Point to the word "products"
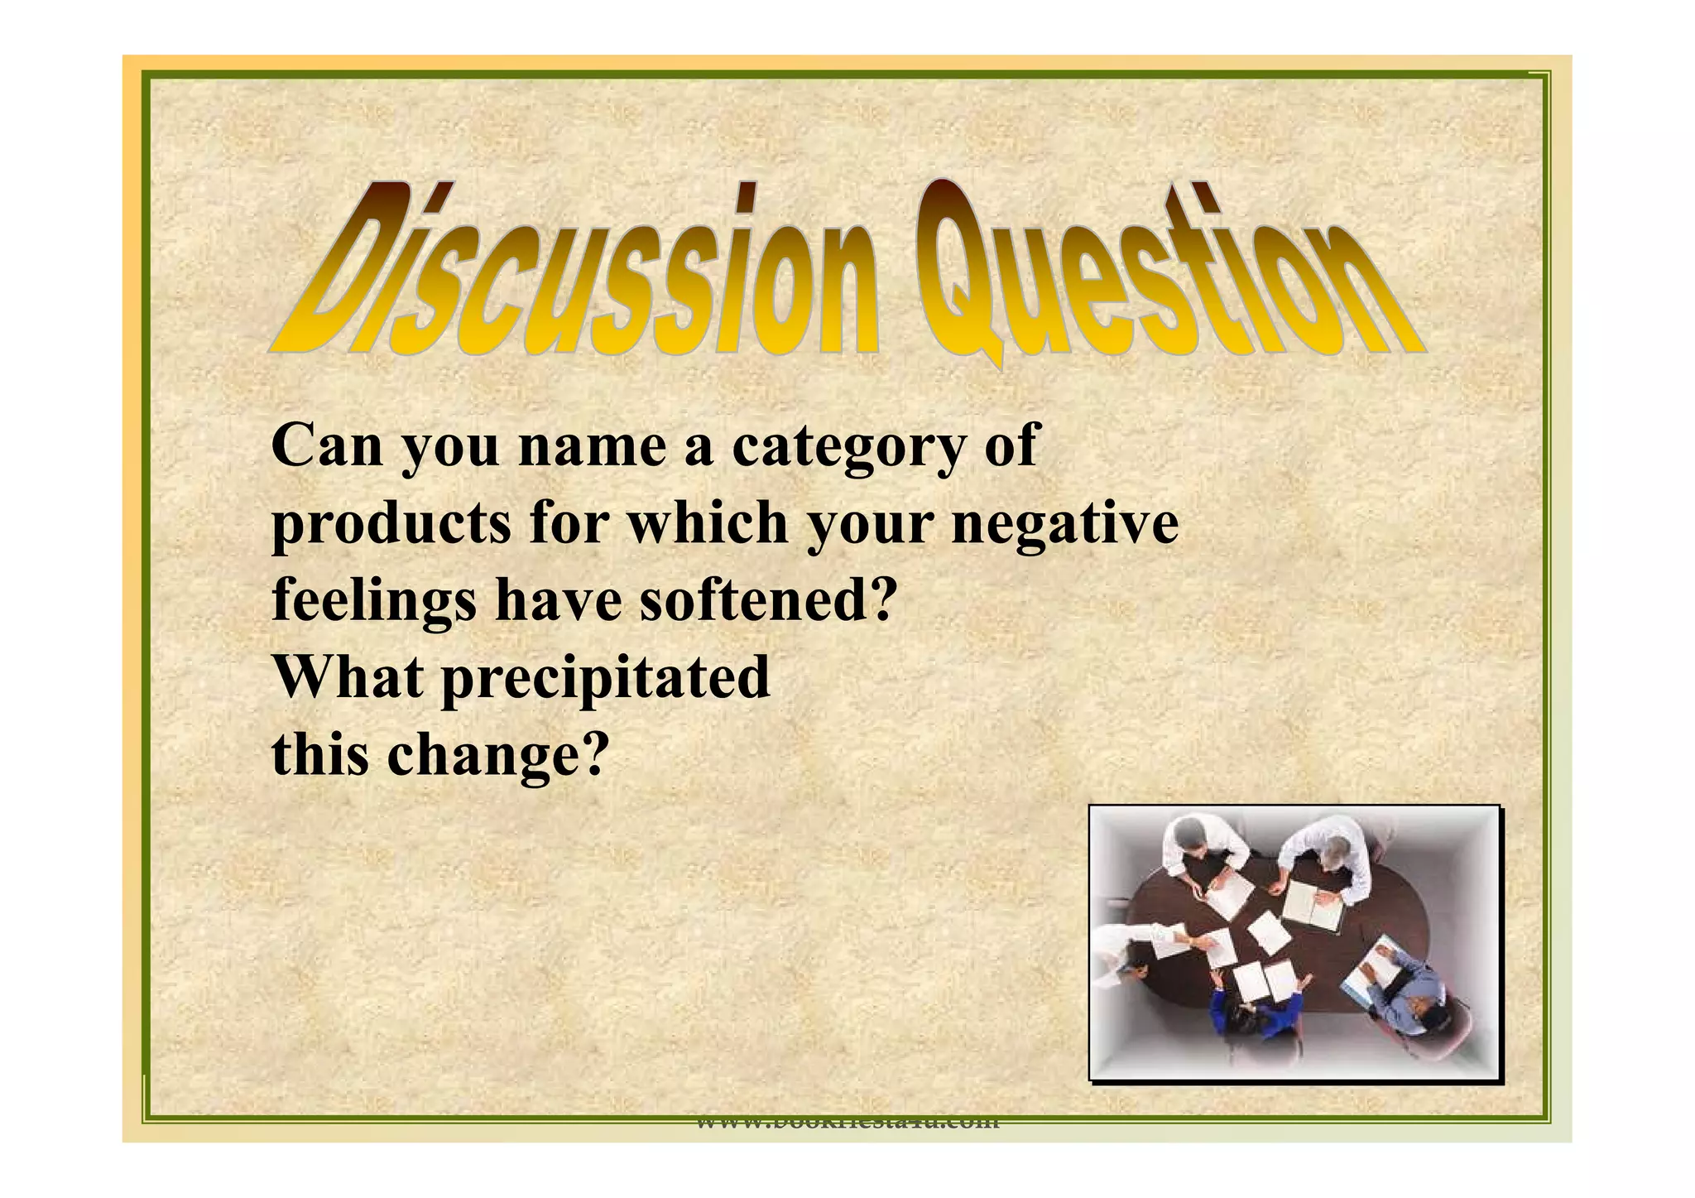pos(391,526)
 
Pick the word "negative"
pos(1065,526)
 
